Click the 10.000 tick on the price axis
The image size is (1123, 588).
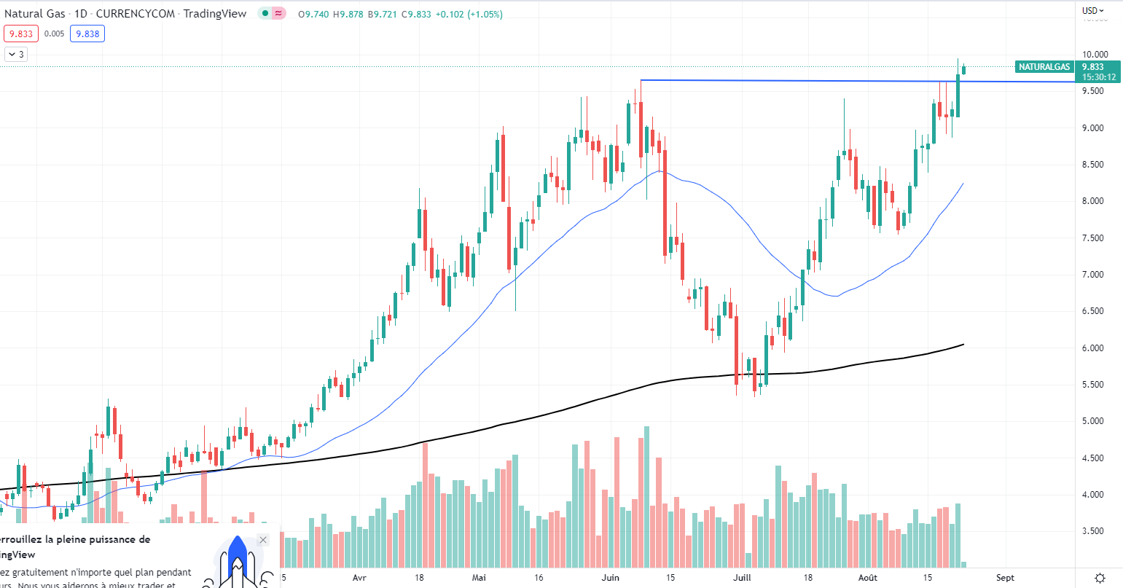pyautogui.click(x=1095, y=55)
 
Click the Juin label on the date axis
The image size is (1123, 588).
pyautogui.click(x=611, y=578)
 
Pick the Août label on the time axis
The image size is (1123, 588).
pyautogui.click(x=867, y=578)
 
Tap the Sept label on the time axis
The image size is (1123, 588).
pyautogui.click(x=1005, y=578)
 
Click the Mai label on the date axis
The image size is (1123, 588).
pyautogui.click(x=479, y=578)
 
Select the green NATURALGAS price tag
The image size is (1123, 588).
pyautogui.click(x=1044, y=67)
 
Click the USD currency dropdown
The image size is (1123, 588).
pyautogui.click(x=1092, y=10)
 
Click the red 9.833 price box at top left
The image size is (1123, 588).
pyautogui.click(x=20, y=34)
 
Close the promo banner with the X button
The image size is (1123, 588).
pyautogui.click(x=263, y=540)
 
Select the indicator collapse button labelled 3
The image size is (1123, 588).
pyautogui.click(x=16, y=54)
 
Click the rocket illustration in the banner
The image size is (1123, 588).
pyautogui.click(x=237, y=561)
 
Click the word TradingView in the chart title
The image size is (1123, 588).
pyautogui.click(x=215, y=14)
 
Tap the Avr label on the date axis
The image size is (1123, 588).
pyautogui.click(x=359, y=578)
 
